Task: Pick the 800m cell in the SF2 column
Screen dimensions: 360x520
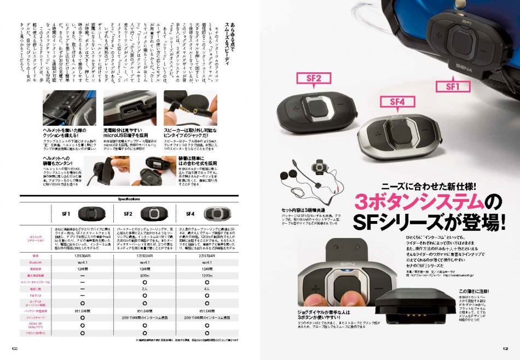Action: (146, 275)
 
